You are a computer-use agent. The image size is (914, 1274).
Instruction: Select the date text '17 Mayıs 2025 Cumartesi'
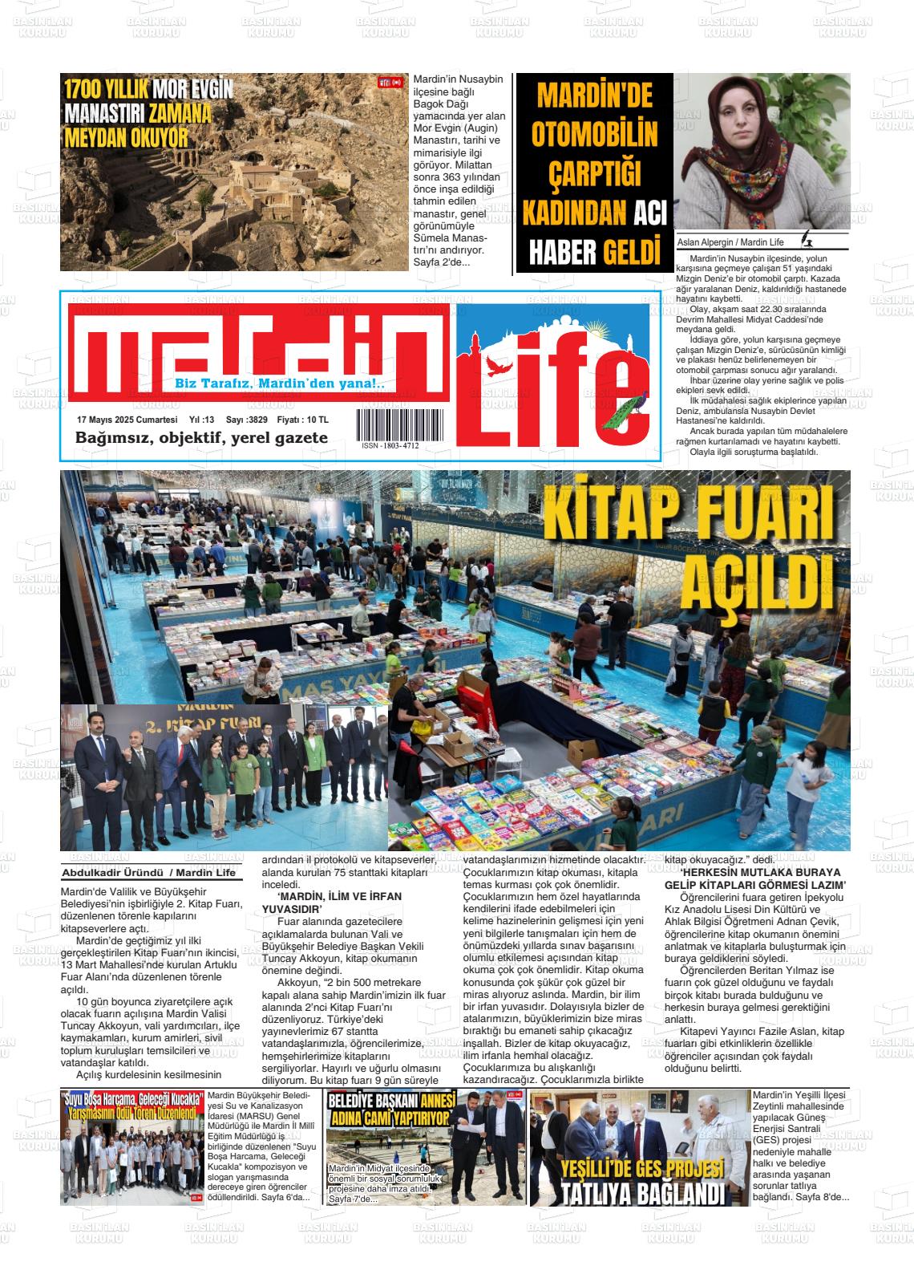[x=127, y=420]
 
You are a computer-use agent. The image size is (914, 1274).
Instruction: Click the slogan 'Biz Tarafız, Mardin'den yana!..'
[x=280, y=385]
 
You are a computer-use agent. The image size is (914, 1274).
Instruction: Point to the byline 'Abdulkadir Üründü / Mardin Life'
[x=149, y=873]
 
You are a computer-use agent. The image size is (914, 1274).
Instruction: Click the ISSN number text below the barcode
[x=390, y=445]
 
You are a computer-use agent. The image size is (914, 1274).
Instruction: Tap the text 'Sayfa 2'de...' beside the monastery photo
[x=442, y=262]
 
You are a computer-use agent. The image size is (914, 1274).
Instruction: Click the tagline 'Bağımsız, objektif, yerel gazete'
[x=201, y=438]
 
